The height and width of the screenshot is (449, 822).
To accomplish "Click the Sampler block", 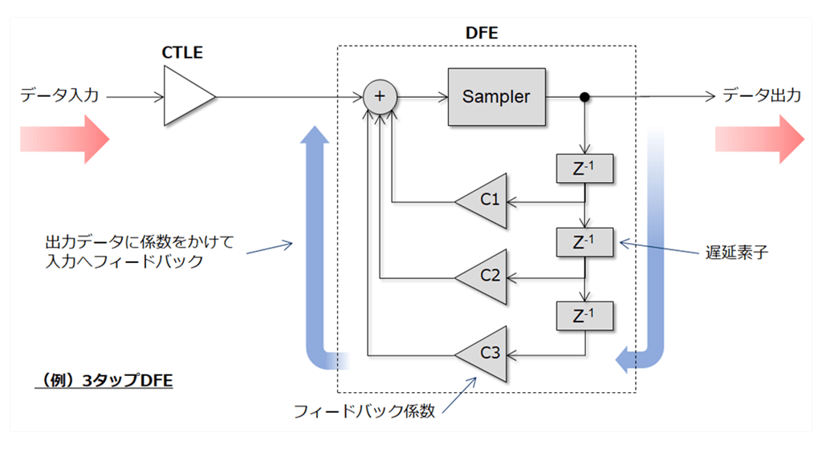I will [x=496, y=97].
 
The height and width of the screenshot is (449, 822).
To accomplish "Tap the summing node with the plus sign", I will [x=380, y=96].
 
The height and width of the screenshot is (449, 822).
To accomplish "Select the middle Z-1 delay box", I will [x=584, y=241].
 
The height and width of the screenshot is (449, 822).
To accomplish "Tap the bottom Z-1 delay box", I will [x=584, y=315].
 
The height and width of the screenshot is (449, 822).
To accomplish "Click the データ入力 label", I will [x=60, y=95].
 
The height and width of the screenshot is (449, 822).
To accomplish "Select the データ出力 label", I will [x=761, y=95].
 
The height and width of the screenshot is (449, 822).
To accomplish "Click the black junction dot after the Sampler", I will [x=585, y=97].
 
